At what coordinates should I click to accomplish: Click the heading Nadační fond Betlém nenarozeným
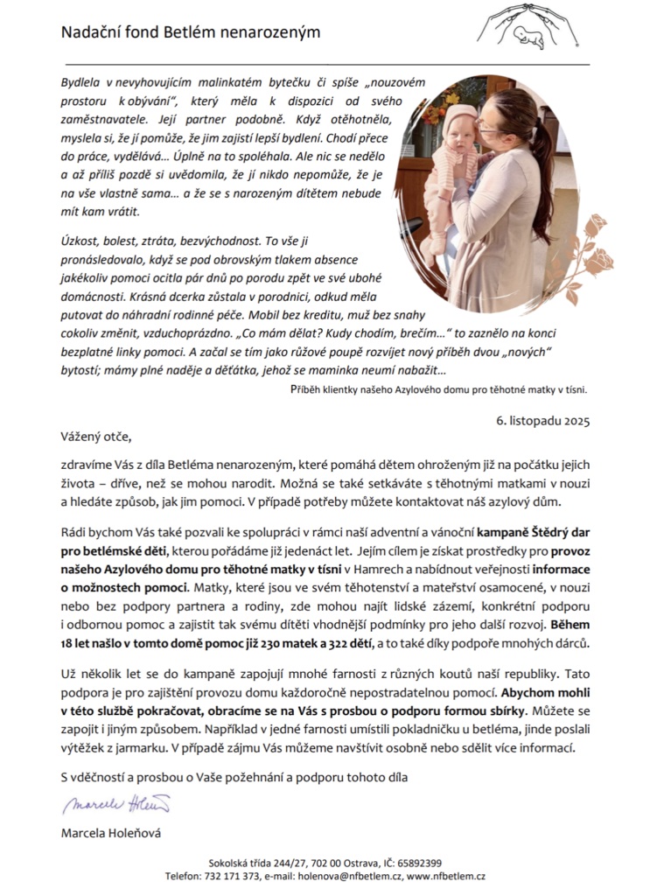(191, 32)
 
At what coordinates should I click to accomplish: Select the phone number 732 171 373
(234, 876)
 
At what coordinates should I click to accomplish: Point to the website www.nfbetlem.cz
(447, 876)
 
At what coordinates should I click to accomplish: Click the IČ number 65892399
(417, 863)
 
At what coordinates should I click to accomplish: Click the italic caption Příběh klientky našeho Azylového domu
(438, 390)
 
